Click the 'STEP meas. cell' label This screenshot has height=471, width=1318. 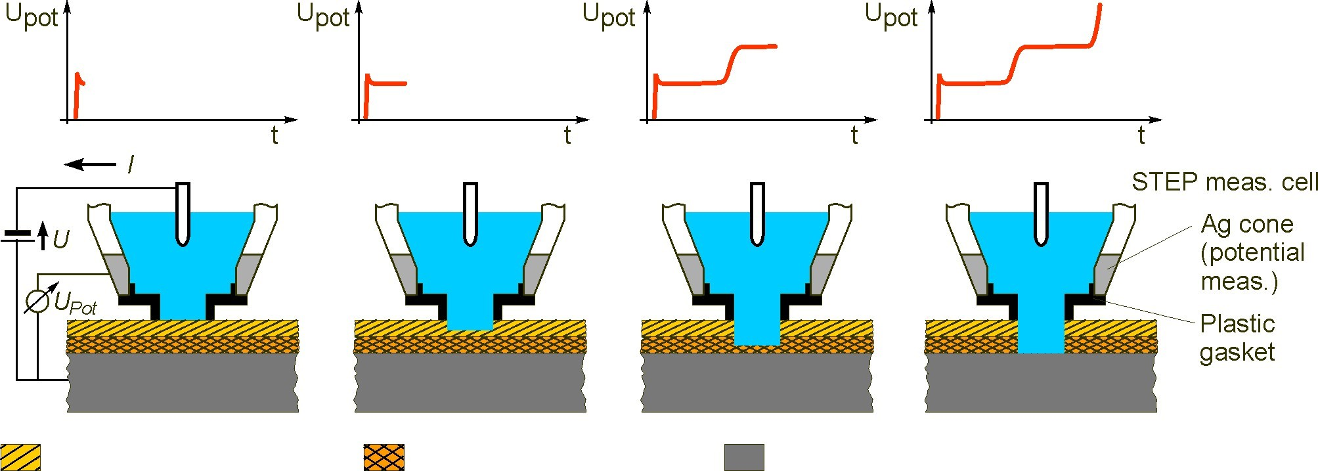click(1224, 181)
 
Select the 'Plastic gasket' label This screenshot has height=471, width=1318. click(1237, 338)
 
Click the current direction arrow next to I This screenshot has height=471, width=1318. click(91, 164)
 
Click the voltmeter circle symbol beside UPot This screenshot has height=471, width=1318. click(37, 300)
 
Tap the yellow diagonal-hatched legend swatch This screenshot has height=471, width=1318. click(20, 457)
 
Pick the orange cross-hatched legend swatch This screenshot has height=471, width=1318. click(384, 457)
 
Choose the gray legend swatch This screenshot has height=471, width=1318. click(744, 457)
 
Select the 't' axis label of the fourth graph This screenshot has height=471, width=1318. click(1141, 135)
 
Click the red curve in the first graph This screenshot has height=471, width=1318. click(77, 92)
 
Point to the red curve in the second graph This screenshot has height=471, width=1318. click(387, 83)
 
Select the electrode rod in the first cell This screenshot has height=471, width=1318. click(183, 213)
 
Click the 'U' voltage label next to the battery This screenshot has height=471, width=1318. click(60, 239)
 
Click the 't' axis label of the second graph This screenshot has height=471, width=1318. click(567, 135)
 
